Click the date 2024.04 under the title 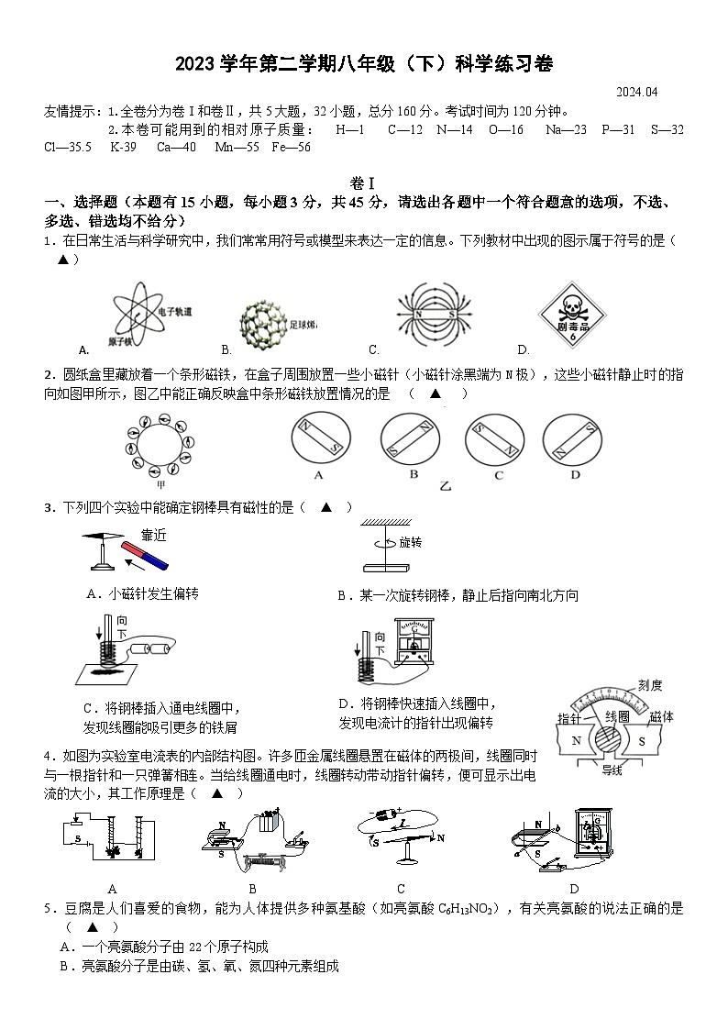pos(638,92)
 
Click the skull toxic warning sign pos(557,317)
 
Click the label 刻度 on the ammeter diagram pos(650,685)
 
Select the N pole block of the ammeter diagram pos(577,740)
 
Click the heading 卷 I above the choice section pos(363,183)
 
